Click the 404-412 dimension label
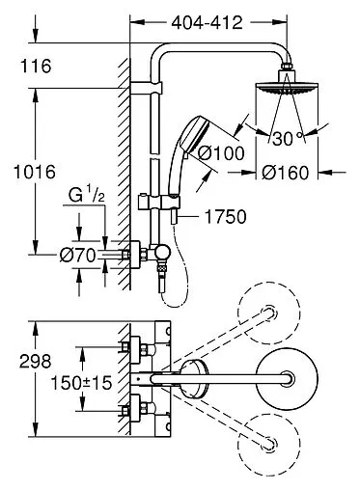click(207, 23)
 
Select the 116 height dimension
click(36, 66)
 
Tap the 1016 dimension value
click(35, 172)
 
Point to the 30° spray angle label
click(288, 138)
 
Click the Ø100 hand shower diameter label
click(221, 153)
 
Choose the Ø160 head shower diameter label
click(285, 173)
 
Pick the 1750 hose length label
click(225, 217)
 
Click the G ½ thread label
click(87, 195)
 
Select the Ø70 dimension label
click(78, 256)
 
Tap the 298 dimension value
click(36, 362)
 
